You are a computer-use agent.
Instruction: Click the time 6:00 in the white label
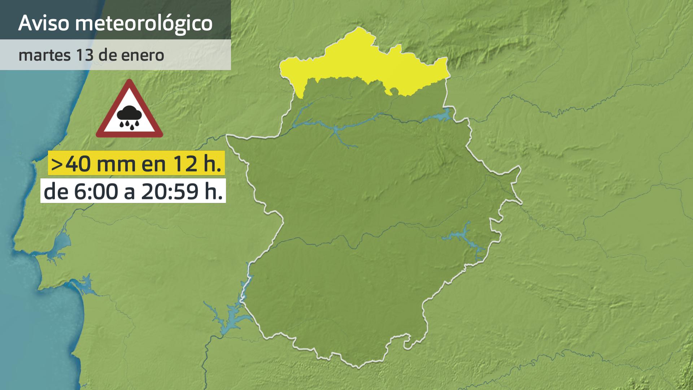(x=96, y=191)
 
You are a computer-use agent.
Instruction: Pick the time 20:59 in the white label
(x=170, y=191)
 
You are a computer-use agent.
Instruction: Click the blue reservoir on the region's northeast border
(x=440, y=116)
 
